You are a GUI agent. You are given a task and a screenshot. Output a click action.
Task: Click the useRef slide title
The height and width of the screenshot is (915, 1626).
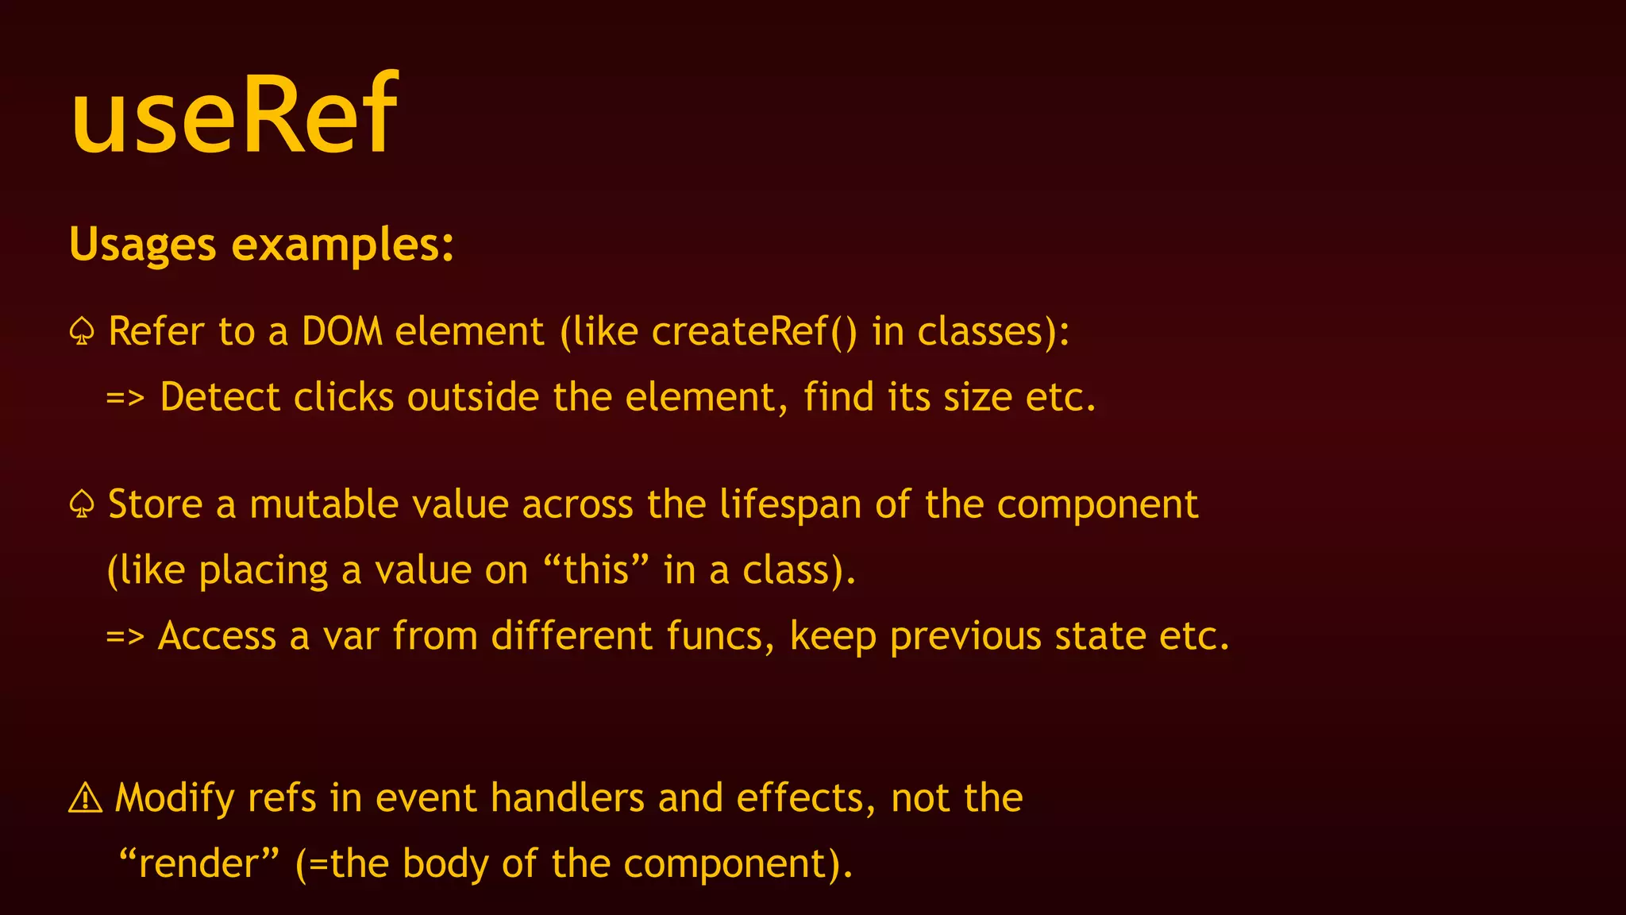234,113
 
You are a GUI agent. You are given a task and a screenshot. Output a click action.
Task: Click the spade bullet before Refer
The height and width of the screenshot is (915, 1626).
82,331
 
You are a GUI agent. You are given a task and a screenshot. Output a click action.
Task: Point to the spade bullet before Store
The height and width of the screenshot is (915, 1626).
82,504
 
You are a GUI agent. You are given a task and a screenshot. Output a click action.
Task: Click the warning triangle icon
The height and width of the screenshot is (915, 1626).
85,798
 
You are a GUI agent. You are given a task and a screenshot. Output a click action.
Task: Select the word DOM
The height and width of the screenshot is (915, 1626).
342,331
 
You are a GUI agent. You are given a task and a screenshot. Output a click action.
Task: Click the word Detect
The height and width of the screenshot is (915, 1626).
220,397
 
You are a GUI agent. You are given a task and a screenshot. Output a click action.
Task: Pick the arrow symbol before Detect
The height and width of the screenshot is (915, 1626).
125,397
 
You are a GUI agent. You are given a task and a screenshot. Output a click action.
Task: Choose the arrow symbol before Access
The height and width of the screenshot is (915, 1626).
125,636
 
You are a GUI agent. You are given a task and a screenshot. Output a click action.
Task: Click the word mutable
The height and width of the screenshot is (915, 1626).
323,504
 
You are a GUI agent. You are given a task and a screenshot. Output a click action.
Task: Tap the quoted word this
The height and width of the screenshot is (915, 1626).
596,570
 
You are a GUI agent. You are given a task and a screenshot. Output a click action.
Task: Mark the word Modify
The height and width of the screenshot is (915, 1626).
175,798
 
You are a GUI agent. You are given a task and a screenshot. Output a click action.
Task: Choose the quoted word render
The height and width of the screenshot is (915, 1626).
198,863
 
